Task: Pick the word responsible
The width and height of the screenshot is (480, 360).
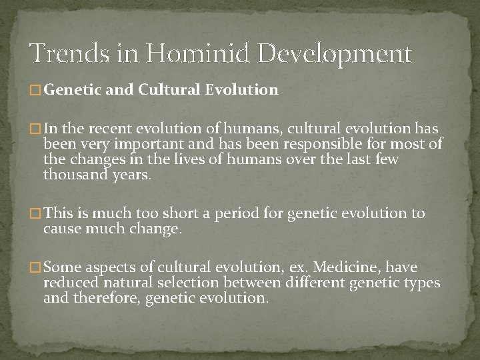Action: point(309,144)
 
